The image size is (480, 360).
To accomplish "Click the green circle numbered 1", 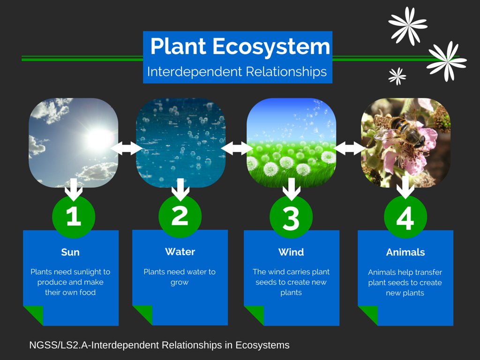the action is (74, 217).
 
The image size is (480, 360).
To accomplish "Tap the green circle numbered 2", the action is (180, 216).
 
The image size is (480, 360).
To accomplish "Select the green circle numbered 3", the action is (291, 217).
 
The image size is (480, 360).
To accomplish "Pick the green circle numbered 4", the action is (405, 217).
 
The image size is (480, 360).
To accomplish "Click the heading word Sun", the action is (70, 252).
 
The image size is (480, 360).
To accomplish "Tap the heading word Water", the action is (180, 252).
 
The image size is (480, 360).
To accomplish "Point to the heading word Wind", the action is (291, 252).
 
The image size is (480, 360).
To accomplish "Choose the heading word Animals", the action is (405, 252).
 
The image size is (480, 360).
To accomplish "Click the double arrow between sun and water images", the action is (127, 148).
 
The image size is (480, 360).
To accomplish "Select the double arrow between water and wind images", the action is (237, 148).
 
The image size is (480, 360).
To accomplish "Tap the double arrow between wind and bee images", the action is (349, 148).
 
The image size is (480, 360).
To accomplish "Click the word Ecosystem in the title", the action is (271, 46).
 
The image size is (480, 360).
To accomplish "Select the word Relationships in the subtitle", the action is (286, 72).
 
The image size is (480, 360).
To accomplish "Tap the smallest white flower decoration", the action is (397, 76).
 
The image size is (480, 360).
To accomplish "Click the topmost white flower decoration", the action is (408, 26).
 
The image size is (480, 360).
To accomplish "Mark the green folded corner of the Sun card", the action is (33, 315).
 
